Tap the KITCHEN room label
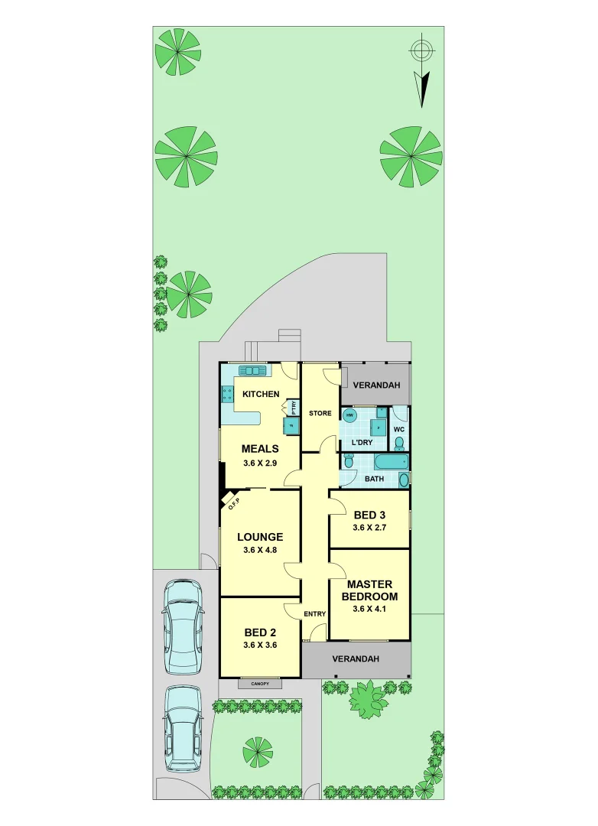coord(261,394)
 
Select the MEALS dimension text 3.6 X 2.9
coord(260,463)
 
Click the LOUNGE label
coord(260,537)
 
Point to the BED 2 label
coord(260,633)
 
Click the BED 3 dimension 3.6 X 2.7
coord(369,528)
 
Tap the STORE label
coord(320,413)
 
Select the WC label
coord(398,429)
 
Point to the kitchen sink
coord(251,371)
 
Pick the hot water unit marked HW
coord(350,415)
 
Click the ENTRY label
coord(315,614)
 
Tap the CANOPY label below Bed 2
coord(259,684)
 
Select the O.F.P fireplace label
coord(232,502)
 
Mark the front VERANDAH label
coord(356,659)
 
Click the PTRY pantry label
coord(293,408)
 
